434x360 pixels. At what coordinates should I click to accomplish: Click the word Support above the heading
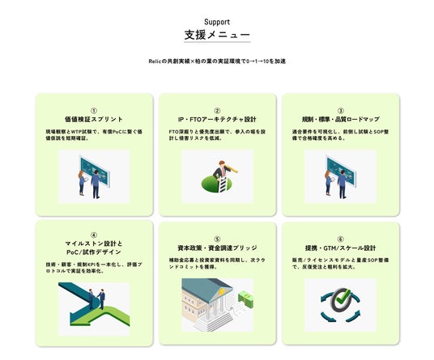coord(217,22)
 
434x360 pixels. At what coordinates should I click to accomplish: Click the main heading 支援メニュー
coord(217,35)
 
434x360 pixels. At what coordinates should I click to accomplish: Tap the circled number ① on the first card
coord(94,111)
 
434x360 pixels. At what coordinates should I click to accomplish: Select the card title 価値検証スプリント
coord(94,119)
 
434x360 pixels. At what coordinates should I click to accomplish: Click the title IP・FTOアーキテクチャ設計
coord(217,119)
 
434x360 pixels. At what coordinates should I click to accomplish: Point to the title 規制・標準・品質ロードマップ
coord(340,119)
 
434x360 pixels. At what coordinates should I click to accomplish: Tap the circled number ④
coord(94,235)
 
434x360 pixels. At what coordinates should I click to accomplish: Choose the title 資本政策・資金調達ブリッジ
coord(217,248)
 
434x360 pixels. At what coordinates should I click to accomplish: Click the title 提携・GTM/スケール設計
coord(340,248)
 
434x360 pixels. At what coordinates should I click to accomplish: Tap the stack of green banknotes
coord(245,299)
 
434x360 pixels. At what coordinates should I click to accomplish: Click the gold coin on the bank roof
coord(221,292)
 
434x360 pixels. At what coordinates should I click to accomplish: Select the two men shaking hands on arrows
coord(96,299)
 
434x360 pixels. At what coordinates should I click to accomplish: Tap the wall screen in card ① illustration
coord(95,172)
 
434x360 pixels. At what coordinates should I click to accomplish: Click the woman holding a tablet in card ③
coord(328,183)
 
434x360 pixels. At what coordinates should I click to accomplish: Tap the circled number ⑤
coord(217,239)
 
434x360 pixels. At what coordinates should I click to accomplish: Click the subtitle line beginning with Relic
coord(217,61)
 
